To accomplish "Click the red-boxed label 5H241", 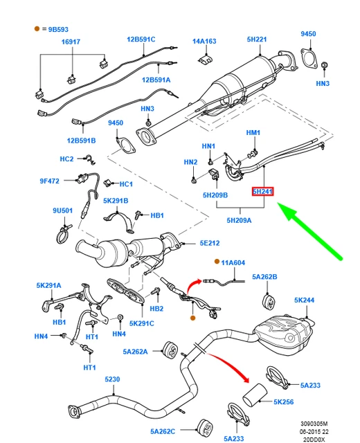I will [x=263, y=191].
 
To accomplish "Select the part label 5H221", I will [x=257, y=39].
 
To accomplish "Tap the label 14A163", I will [x=204, y=42].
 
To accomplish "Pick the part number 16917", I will [x=71, y=42].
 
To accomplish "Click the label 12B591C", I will [x=141, y=39].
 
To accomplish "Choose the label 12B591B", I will [x=81, y=141].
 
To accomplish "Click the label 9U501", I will [x=62, y=210].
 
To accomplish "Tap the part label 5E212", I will [x=210, y=243].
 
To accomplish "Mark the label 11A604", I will [x=233, y=262].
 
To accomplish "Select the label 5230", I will [x=113, y=380].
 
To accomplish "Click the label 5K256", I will [x=284, y=401].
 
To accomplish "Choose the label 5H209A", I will [x=238, y=221].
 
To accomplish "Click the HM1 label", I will [x=253, y=132].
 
